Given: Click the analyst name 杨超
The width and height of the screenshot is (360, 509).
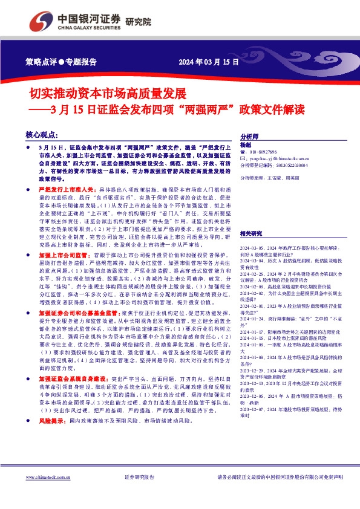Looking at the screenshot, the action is click(x=245, y=145).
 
